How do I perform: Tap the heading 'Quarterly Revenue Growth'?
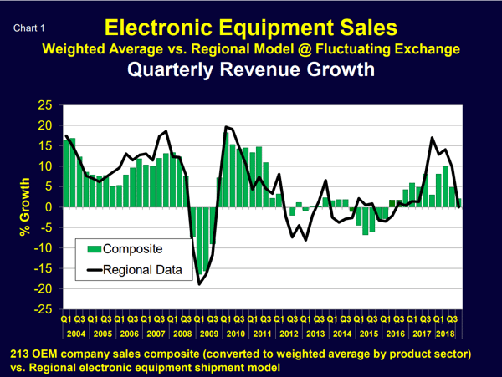coord(250,70)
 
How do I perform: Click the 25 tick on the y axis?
coord(44,105)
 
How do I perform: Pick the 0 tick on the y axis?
coord(49,207)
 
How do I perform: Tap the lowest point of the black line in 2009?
coord(200,284)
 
